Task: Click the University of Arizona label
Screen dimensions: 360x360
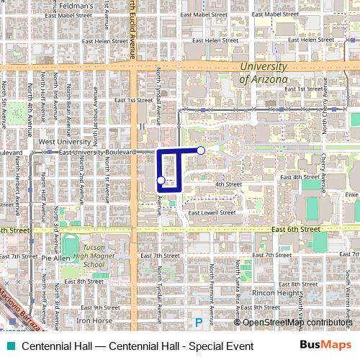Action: pyautogui.click(x=263, y=73)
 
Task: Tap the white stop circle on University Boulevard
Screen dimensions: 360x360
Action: pyautogui.click(x=201, y=150)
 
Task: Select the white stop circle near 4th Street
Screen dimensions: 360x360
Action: pyautogui.click(x=161, y=180)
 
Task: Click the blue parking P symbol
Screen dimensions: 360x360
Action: pyautogui.click(x=199, y=323)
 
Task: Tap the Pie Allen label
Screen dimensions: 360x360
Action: pyautogui.click(x=55, y=257)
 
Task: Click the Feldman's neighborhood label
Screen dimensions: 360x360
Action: pyautogui.click(x=94, y=6)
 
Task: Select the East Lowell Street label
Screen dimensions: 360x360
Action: pyautogui.click(x=212, y=212)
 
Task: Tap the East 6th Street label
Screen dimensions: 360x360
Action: pyautogui.click(x=296, y=229)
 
